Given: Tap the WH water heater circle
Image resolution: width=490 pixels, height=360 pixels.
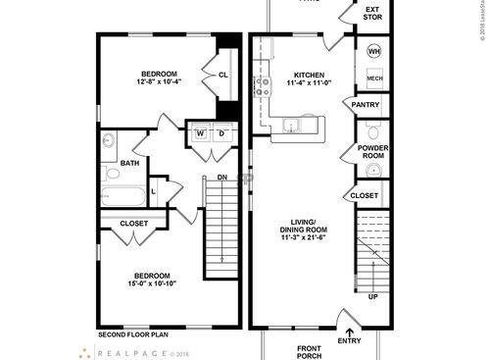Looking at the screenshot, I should pos(374,51).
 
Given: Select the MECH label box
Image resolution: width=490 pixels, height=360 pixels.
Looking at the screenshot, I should pos(374,77).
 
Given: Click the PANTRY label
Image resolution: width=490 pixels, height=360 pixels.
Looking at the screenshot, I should pos(366,105).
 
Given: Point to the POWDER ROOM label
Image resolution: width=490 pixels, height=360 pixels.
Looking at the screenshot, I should pos(373,152).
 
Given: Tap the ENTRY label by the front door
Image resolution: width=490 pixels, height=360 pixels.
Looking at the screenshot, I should pos(349,340).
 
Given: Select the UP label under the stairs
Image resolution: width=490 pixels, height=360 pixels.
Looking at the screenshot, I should pos(372,296).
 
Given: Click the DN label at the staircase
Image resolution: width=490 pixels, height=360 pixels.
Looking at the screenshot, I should pos(222,178).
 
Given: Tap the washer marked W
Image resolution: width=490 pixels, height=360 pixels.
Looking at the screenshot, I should pos(200,134).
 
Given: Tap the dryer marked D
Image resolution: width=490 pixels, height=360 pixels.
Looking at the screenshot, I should pos(221,134).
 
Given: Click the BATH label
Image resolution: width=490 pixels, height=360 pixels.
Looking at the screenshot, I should pos(129,163).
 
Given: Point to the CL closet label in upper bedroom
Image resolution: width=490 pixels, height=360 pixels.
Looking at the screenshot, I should pos(222,75).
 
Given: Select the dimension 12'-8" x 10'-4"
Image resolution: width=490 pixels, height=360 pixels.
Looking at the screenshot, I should pos(158,83).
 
